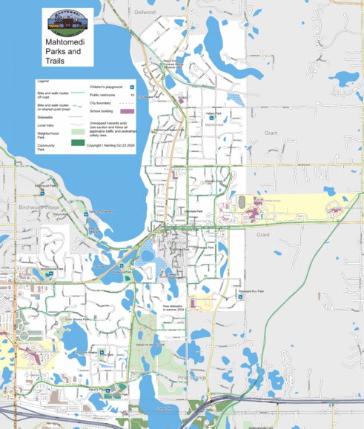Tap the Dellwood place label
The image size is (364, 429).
145,13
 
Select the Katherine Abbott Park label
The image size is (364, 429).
149,345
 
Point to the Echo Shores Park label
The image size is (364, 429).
76,319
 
